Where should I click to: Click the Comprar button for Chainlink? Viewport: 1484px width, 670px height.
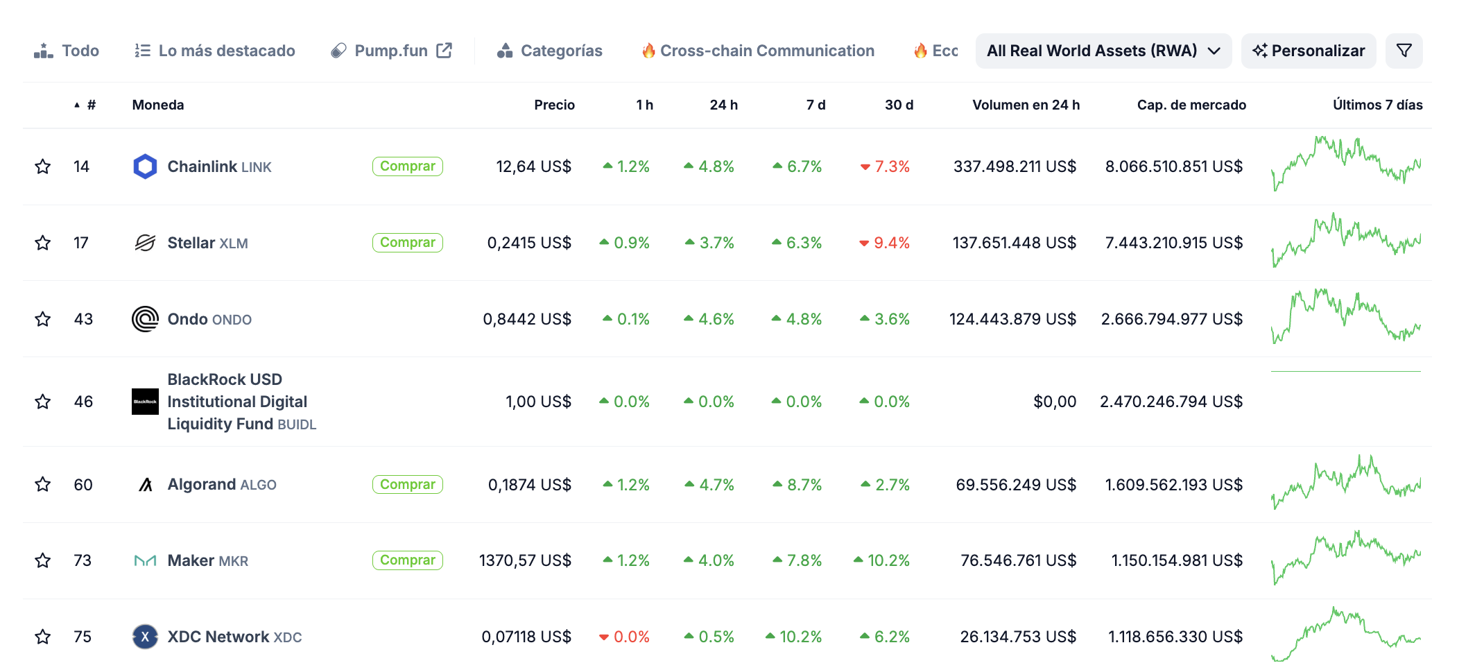click(x=407, y=166)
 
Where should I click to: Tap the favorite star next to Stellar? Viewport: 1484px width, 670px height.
click(x=43, y=243)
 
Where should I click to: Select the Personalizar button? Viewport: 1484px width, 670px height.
click(x=1308, y=51)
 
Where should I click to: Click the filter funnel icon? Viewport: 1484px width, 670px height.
click(x=1404, y=51)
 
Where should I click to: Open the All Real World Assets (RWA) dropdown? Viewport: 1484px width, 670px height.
click(x=1103, y=51)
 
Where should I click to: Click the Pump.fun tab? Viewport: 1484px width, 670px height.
click(x=391, y=51)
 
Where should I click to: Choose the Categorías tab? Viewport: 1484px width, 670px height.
click(x=550, y=51)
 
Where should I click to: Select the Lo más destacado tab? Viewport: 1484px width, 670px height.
click(x=215, y=51)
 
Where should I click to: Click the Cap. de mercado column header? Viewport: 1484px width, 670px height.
click(x=1191, y=105)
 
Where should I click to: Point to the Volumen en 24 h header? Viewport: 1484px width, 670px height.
click(x=1026, y=105)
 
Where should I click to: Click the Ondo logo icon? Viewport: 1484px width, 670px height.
click(x=145, y=319)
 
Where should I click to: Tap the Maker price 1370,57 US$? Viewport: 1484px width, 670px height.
click(x=525, y=560)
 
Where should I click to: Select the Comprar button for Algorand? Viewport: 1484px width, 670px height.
click(x=407, y=484)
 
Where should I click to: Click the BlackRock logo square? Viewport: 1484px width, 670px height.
click(x=145, y=402)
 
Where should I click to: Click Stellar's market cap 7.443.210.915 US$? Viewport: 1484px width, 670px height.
click(x=1173, y=243)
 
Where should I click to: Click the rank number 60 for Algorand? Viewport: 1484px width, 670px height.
click(x=83, y=485)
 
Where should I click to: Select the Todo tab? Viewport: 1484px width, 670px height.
click(x=67, y=51)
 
